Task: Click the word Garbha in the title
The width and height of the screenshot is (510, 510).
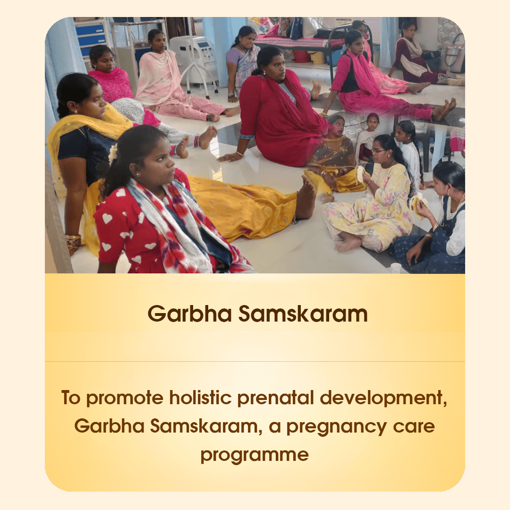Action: coord(190,314)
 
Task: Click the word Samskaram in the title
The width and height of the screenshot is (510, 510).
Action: coord(303,314)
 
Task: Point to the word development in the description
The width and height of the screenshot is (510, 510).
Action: coord(383,398)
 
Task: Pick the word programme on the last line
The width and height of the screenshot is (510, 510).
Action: coord(255,455)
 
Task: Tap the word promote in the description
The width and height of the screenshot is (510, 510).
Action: coord(125,398)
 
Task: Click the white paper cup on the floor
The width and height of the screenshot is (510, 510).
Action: coord(396,268)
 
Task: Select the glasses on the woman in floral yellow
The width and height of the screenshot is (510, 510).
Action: coord(377,151)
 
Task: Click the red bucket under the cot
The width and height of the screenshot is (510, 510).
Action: coord(301,56)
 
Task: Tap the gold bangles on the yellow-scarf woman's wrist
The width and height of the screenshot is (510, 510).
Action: coord(73,241)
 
